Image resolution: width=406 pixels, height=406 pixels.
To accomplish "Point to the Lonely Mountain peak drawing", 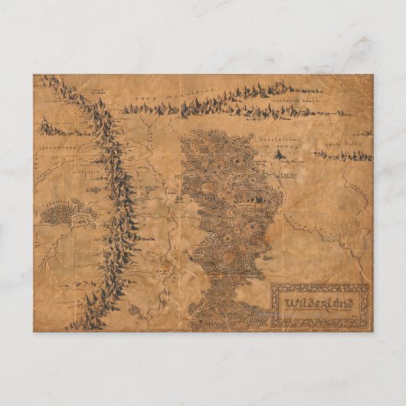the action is [x=277, y=154].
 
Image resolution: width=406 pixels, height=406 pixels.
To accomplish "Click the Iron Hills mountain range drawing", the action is [x=344, y=156].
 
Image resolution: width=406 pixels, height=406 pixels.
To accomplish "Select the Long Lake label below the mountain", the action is [x=287, y=175].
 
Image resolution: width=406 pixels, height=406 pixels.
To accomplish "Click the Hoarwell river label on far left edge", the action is [x=37, y=165].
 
